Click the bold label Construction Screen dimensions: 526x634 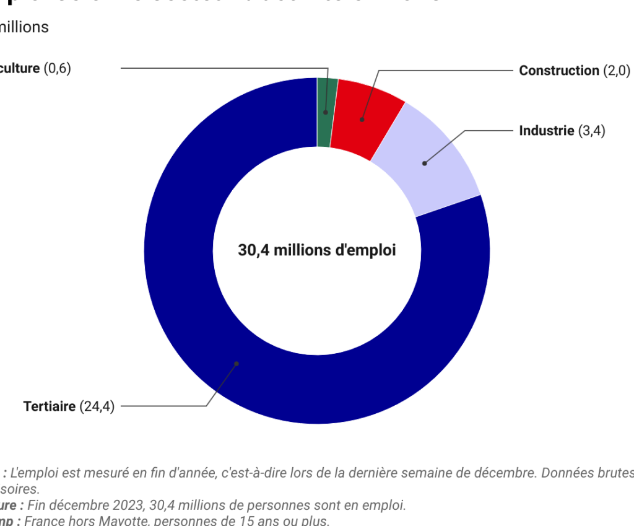559,71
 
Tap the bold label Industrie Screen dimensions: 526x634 547,131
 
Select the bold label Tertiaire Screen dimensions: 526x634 50,406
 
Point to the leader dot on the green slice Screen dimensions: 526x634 325,113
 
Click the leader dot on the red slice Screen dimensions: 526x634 362,119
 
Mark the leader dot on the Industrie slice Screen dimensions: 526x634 424,164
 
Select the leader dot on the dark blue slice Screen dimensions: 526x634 237,364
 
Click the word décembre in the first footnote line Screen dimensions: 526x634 506,473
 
